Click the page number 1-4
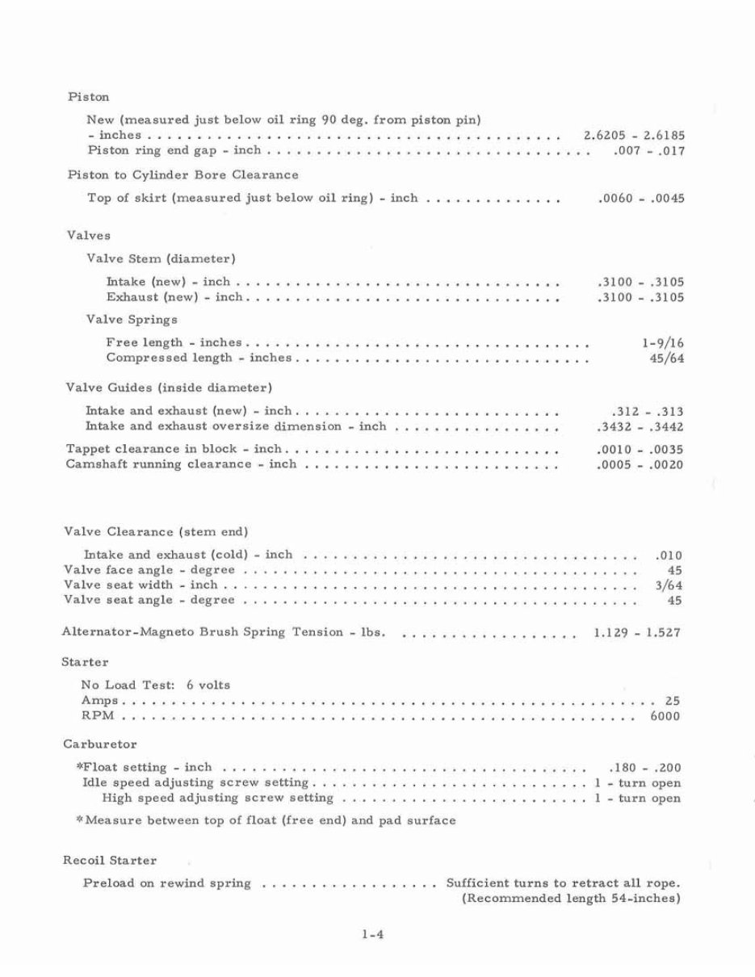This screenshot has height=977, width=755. click(x=371, y=937)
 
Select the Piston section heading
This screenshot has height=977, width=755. click(x=89, y=97)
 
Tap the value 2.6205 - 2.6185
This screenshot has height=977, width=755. click(x=634, y=136)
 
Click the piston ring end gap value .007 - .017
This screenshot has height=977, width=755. click(x=649, y=151)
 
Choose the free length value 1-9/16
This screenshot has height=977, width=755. click(x=663, y=343)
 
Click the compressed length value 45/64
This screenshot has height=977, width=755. click(x=667, y=359)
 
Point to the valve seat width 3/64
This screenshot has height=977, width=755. click(x=669, y=585)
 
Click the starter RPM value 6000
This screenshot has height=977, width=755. click(x=665, y=716)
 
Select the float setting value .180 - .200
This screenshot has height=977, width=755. click(x=644, y=768)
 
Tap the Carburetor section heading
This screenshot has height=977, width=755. click(x=99, y=744)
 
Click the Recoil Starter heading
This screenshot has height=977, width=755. click(x=110, y=861)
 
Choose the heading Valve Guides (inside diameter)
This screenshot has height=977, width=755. click(x=169, y=388)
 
